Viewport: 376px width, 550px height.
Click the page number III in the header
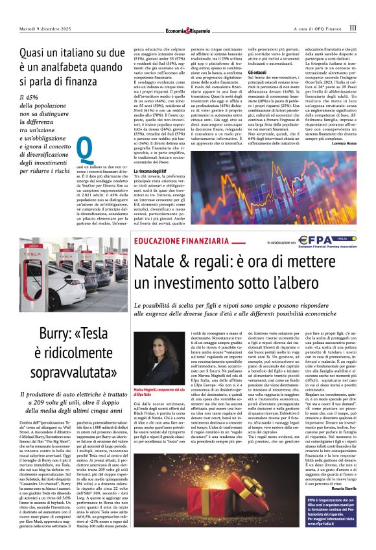tap(353, 28)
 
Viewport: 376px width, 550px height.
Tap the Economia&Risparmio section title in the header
tap(187, 29)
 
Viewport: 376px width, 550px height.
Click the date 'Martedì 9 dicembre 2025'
tap(46, 29)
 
